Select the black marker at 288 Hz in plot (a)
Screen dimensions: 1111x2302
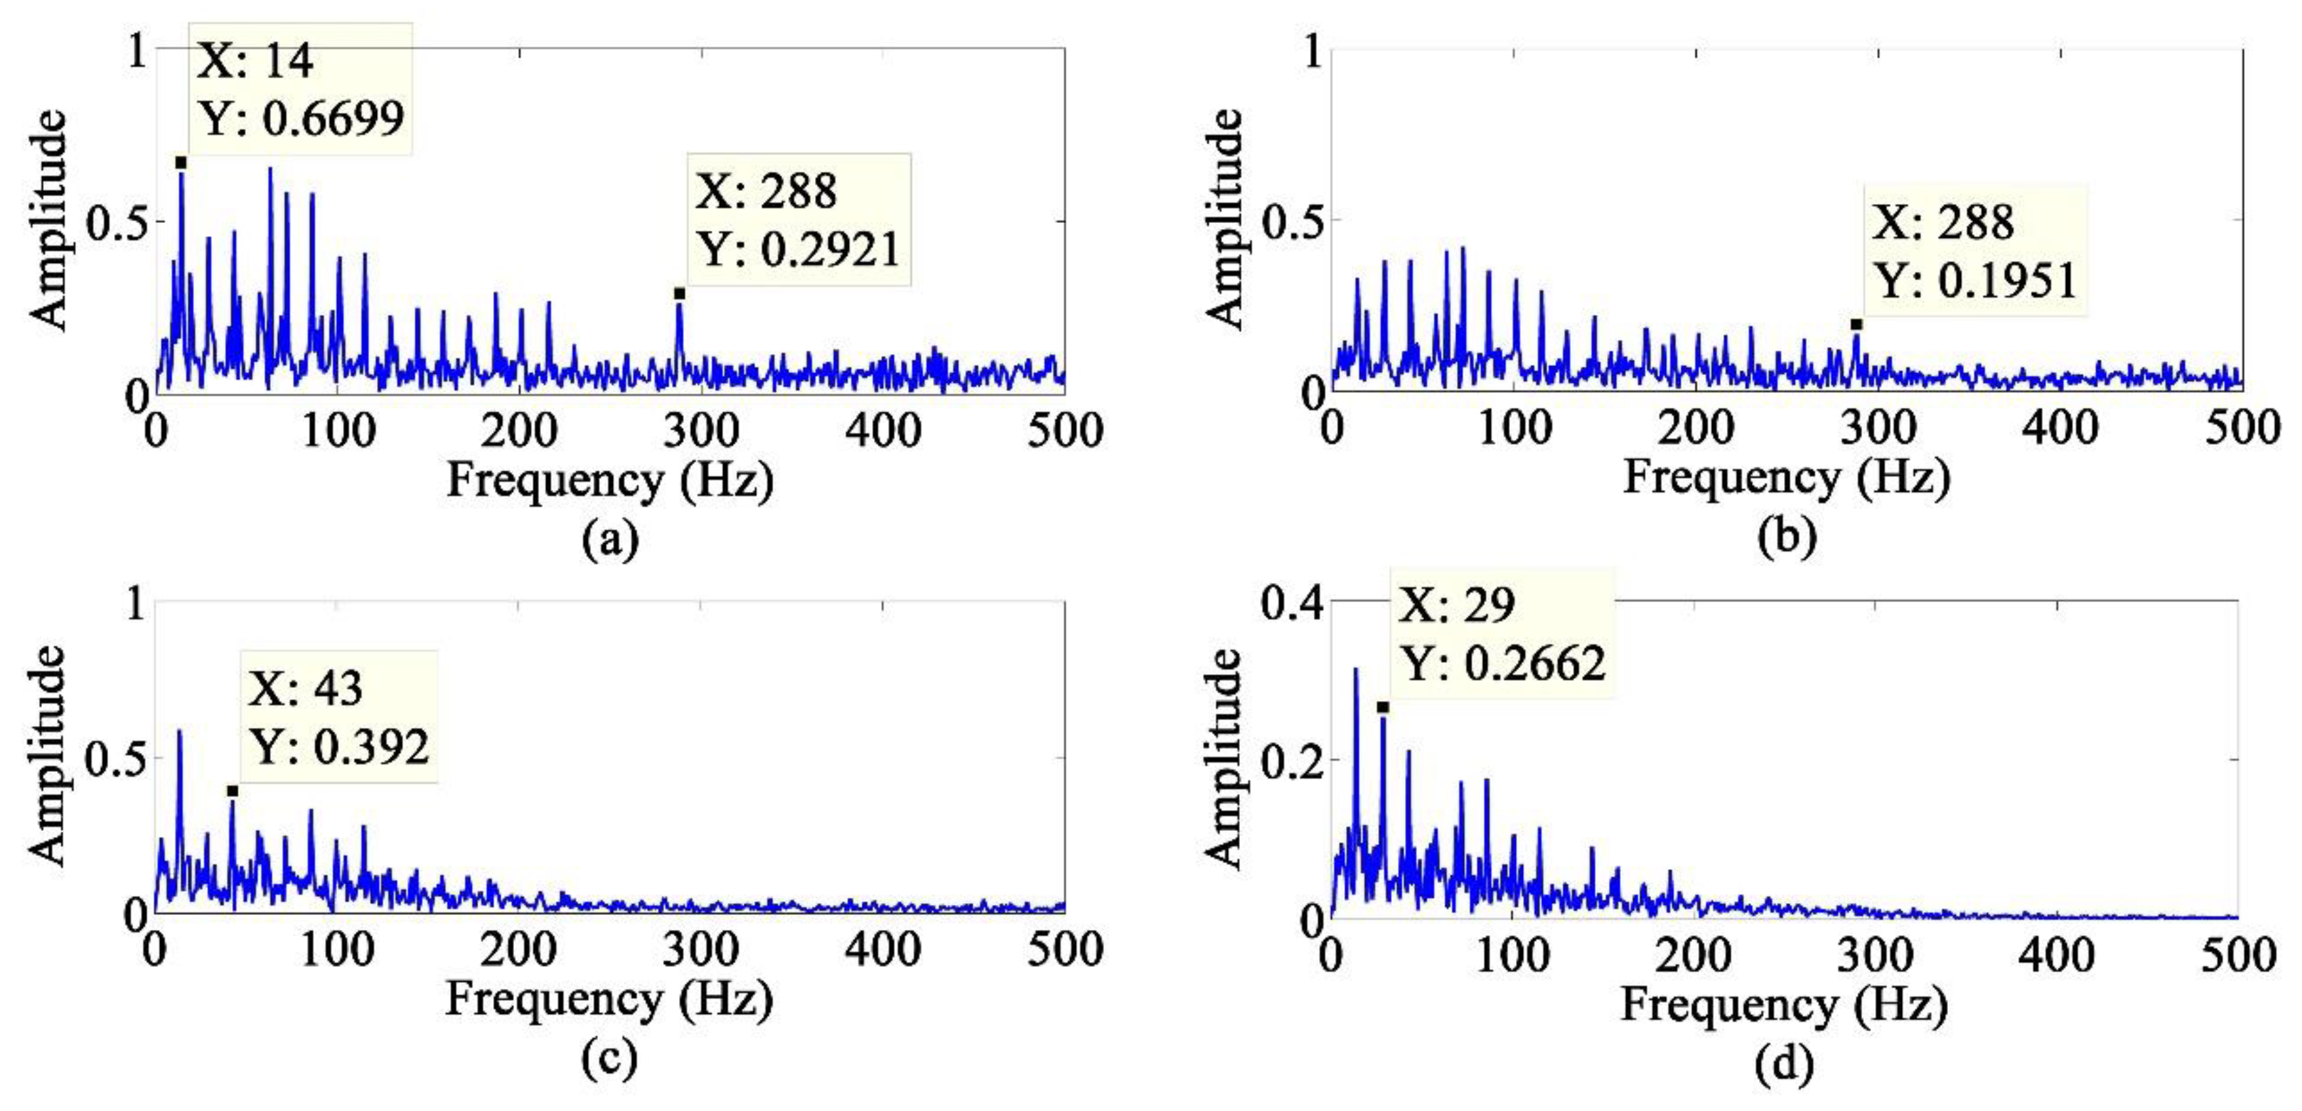coord(679,293)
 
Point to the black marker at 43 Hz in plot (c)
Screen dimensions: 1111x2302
coord(232,791)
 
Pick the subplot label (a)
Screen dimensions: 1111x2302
coord(610,539)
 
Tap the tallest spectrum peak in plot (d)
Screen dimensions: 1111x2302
coord(1356,670)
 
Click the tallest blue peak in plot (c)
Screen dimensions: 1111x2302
coord(180,732)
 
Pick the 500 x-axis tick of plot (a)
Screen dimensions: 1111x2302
coord(1064,431)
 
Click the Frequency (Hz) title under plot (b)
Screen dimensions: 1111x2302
coord(1785,476)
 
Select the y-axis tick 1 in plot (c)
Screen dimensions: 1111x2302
coord(136,603)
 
